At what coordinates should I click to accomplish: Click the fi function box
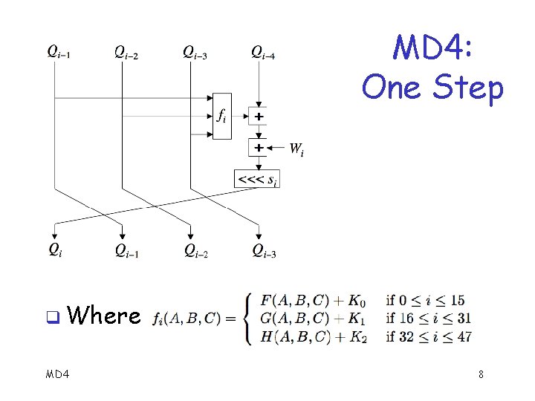point(221,116)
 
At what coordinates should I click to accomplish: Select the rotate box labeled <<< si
point(257,178)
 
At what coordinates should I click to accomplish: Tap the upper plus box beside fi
point(258,117)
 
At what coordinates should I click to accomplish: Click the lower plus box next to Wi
point(258,148)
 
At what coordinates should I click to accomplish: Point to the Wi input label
point(296,149)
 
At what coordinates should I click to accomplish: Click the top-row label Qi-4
point(267,52)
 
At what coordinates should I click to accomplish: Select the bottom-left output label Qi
point(55,250)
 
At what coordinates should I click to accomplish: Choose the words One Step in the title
point(432,88)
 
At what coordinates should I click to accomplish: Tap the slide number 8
point(481,374)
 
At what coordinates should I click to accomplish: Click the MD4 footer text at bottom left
point(57,374)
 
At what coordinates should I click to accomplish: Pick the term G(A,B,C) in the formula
point(295,319)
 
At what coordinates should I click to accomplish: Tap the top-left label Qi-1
point(59,52)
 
